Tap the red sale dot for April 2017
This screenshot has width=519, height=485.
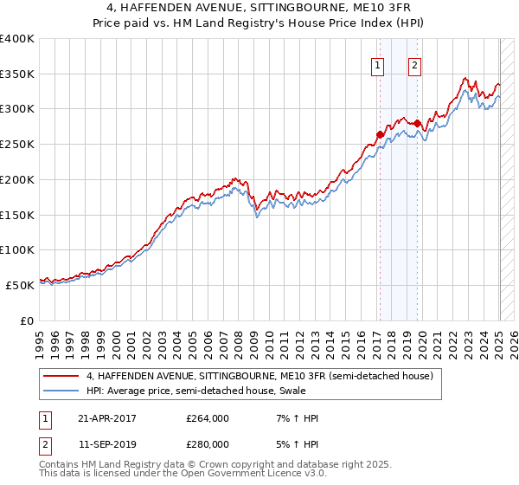(380, 134)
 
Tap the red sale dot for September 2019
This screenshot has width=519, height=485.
(418, 123)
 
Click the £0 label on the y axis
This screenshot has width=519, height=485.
(26, 320)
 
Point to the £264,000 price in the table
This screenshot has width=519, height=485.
(208, 418)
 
